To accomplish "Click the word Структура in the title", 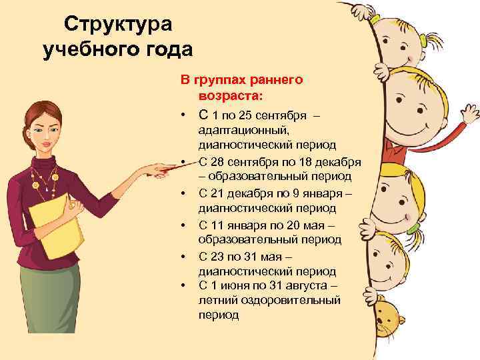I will point(119,24).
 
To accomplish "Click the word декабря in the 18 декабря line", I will point(339,163).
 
